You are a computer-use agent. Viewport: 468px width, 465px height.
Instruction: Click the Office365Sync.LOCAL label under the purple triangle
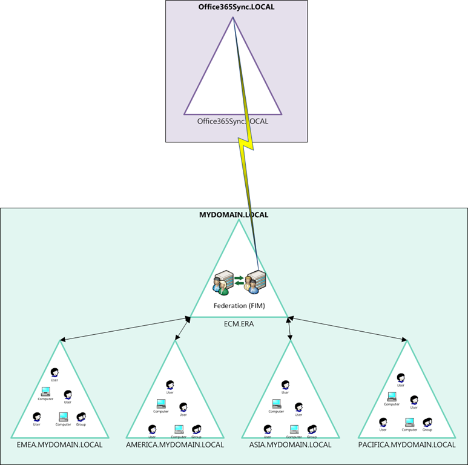[x=232, y=121]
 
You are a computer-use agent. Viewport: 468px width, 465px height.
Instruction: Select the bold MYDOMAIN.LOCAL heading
[x=234, y=214]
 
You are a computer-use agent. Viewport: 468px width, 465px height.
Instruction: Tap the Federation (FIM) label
[x=239, y=306]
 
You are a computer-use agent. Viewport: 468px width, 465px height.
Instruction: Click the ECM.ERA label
[x=239, y=324]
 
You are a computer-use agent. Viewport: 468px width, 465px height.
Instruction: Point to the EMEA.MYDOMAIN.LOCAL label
[x=60, y=444]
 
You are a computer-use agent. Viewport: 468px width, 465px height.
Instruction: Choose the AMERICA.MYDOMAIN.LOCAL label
[x=175, y=444]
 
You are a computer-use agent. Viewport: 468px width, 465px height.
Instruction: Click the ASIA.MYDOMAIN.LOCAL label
[x=291, y=444]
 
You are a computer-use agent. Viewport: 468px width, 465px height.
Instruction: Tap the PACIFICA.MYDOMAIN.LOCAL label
[x=407, y=444]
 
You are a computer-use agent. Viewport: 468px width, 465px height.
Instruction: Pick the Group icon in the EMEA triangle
[x=81, y=417]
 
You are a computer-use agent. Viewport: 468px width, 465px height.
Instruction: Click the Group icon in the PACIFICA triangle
[x=427, y=421]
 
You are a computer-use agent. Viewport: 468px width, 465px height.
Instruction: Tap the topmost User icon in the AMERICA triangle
[x=170, y=384]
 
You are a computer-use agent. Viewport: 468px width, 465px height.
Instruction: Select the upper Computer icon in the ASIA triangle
[x=276, y=403]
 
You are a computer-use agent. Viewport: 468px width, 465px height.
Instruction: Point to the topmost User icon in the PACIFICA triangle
[x=401, y=377]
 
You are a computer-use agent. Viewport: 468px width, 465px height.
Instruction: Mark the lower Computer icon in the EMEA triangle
[x=64, y=417]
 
